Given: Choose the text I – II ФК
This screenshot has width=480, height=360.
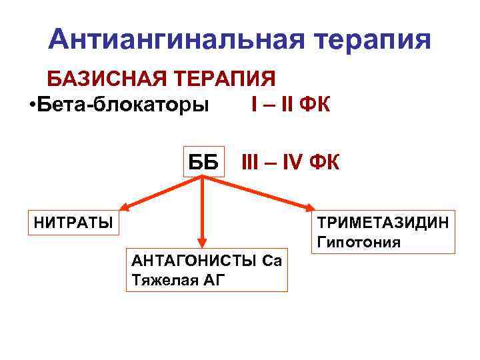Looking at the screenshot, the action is (x=291, y=105).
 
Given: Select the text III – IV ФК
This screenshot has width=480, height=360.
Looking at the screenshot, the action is (x=290, y=161).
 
